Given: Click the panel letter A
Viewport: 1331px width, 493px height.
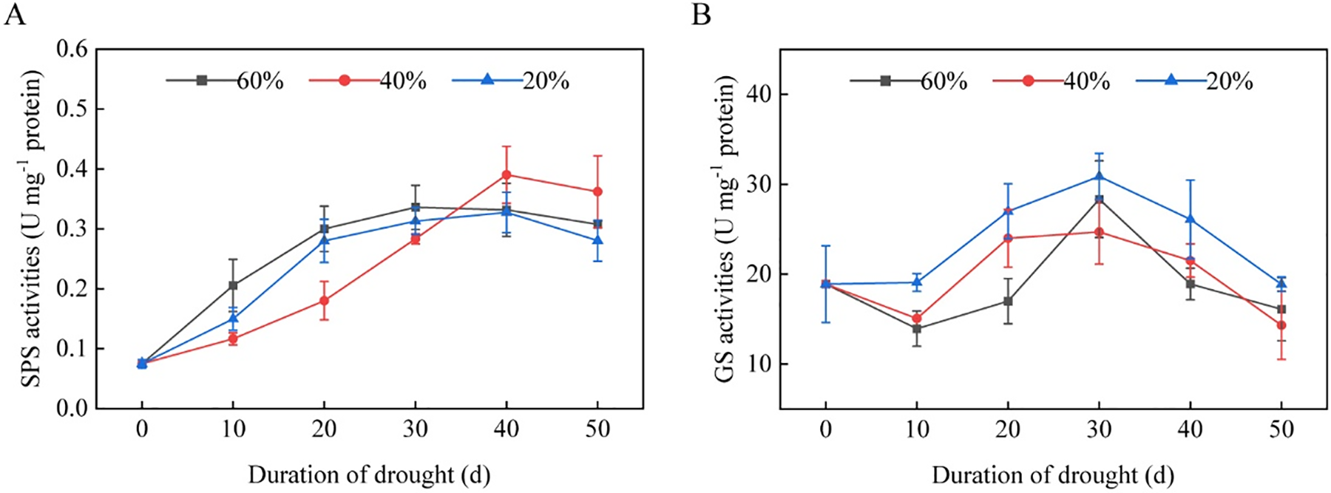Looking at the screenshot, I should click(x=14, y=15).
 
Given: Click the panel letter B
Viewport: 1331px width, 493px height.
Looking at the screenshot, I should click(x=700, y=15).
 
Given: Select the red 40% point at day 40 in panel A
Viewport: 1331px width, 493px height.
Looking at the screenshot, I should click(x=507, y=175).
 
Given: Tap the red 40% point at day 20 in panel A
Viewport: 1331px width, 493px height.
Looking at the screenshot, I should click(x=324, y=301).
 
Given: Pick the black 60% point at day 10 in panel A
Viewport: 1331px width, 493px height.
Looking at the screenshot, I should click(x=233, y=285).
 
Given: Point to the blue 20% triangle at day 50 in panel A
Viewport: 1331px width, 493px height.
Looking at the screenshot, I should click(x=597, y=240).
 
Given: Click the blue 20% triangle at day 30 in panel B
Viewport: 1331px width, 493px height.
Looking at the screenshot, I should click(x=1099, y=176).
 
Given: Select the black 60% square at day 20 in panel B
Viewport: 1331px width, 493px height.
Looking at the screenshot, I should click(x=1008, y=301).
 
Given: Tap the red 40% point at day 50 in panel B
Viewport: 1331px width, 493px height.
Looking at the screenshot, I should click(x=1281, y=325).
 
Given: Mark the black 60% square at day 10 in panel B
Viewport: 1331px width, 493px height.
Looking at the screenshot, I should click(x=917, y=329).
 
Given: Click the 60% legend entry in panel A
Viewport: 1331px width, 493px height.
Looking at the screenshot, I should click(x=225, y=81).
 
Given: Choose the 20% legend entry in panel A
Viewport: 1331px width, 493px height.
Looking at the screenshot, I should click(x=511, y=81).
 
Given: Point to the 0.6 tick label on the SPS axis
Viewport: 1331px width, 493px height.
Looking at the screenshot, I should click(x=71, y=50).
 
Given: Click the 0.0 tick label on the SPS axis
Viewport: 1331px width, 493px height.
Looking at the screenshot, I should click(x=71, y=409).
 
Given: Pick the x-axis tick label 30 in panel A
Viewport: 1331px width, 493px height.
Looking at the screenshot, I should click(x=416, y=429).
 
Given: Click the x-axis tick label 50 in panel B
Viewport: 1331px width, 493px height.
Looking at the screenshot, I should click(x=1281, y=429).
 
